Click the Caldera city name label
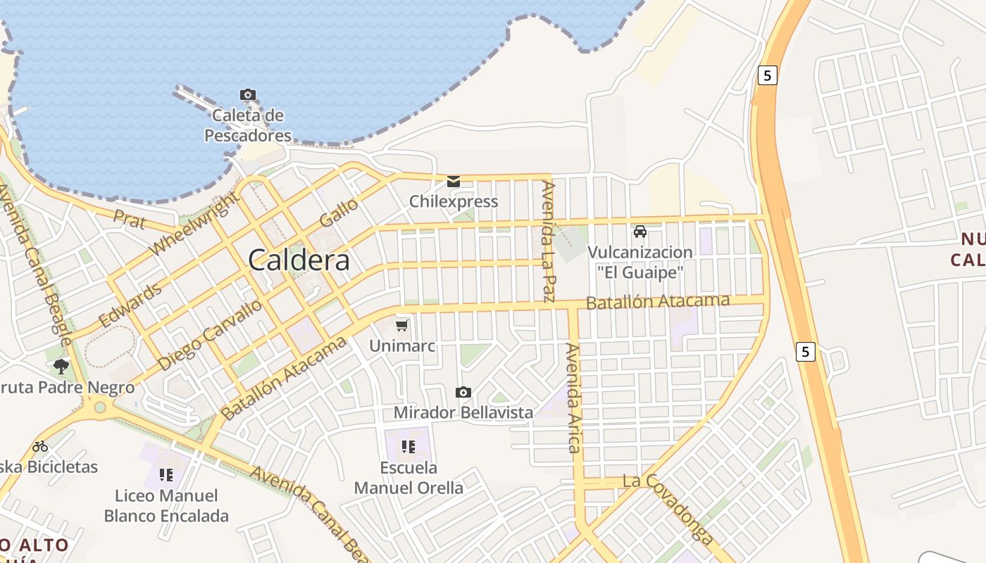[299, 260]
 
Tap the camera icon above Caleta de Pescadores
[248, 94]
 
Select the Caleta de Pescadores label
[248, 125]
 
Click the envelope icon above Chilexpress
[454, 182]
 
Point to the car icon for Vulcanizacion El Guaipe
[640, 232]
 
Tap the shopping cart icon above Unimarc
[402, 325]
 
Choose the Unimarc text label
[403, 346]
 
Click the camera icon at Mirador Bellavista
[463, 392]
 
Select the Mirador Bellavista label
[463, 412]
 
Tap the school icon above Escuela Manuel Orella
[408, 446]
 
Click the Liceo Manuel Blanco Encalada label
[166, 506]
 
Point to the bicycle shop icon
[40, 446]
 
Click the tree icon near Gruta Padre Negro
[61, 366]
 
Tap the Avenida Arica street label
[575, 398]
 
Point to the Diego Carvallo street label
[211, 334]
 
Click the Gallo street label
[339, 212]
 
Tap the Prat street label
[130, 221]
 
